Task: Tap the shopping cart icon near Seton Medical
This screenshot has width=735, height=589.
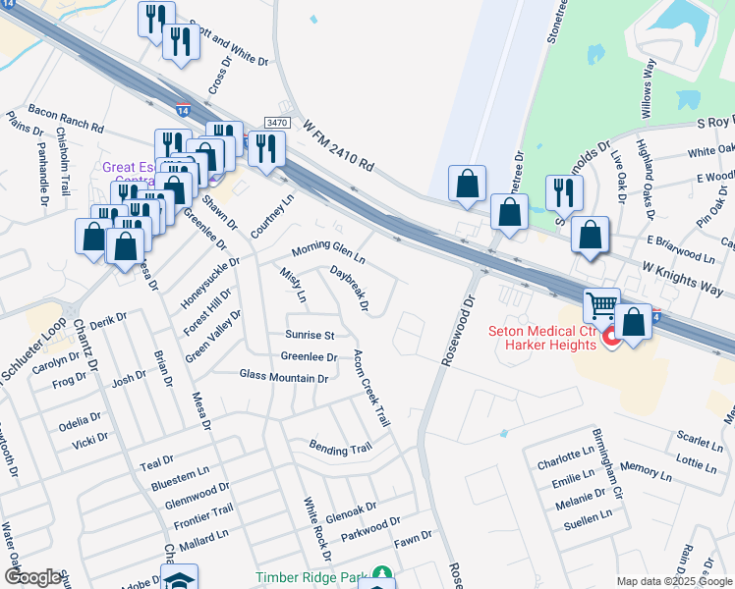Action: coord(601,305)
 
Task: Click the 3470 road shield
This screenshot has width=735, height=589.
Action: coord(277,122)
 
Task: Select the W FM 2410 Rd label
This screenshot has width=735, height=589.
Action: coord(340,148)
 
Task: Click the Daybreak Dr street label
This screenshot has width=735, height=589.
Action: coord(350,289)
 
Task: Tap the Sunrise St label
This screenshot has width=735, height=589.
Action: coord(310,335)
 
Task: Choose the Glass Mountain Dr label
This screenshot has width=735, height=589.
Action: coord(283,375)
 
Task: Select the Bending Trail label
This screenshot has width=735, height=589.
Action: coord(340,449)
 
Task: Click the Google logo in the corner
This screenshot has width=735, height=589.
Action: coord(32,577)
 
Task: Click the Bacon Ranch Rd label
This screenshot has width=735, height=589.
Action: coord(67,120)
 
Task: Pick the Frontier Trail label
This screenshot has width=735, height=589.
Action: coord(203,511)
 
